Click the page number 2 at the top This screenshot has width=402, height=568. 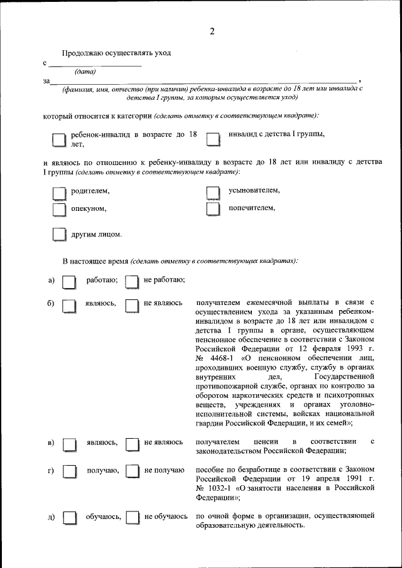pos(212,33)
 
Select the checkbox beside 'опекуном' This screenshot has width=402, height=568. pos(58,210)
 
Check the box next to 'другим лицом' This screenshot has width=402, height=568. pos(58,235)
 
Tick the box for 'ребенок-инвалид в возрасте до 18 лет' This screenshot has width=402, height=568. pos(58,139)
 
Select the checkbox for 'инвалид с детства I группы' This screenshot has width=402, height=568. pos(214,139)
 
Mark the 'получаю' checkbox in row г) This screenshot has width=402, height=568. pos(69,471)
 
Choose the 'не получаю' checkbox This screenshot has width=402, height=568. pos(131,471)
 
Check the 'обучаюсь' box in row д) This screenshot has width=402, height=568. pos(69,518)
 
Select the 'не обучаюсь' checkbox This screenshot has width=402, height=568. pos(132,518)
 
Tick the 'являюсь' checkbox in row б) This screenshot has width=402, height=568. pos(69,306)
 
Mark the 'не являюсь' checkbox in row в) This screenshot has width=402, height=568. pos(131,444)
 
